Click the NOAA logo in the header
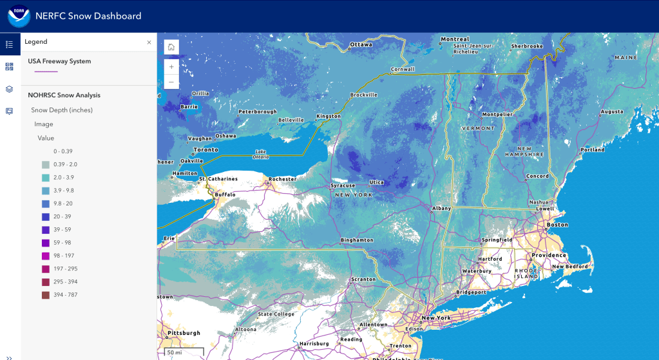[x=19, y=16]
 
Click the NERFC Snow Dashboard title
[x=88, y=16]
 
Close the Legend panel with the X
[x=149, y=42]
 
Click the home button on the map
[x=171, y=47]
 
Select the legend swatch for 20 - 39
[x=46, y=216]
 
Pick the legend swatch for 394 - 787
[x=46, y=295]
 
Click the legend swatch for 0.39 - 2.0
[x=46, y=164]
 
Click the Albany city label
[x=441, y=209]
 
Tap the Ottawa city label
[x=361, y=45]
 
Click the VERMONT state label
[x=478, y=128]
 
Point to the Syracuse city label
[x=343, y=185]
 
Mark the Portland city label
[x=592, y=150]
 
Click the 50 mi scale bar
[x=184, y=353]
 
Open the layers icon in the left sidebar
[x=9, y=89]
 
